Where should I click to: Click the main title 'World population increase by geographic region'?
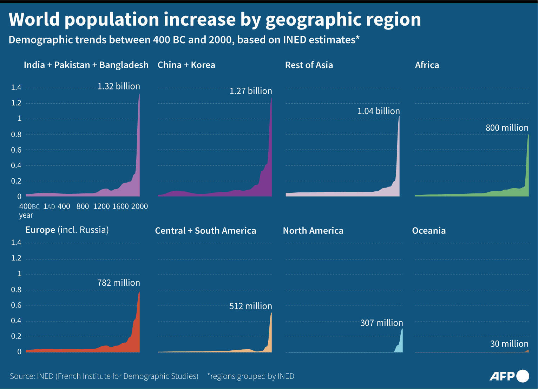tap(215, 19)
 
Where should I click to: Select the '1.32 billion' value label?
tap(119, 86)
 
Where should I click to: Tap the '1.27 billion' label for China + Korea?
tap(251, 91)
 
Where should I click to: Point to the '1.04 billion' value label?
tap(379, 111)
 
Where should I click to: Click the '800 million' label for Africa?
tap(507, 128)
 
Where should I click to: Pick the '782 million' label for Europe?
tap(119, 283)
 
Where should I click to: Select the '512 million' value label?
tap(251, 306)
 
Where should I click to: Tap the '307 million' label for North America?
tap(381, 323)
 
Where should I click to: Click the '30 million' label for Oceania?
tap(509, 344)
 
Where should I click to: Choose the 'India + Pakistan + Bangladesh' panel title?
tap(86, 65)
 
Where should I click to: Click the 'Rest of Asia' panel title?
tap(309, 65)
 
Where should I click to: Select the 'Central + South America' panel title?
tap(205, 231)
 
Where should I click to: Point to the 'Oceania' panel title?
tap(429, 231)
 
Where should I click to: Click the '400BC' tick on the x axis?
tap(29, 207)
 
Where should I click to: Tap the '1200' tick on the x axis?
tap(101, 207)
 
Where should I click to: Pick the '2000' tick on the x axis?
tap(139, 207)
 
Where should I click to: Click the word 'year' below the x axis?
tap(26, 216)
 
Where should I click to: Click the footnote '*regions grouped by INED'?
tap(251, 376)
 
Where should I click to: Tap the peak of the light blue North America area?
tap(402, 329)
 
